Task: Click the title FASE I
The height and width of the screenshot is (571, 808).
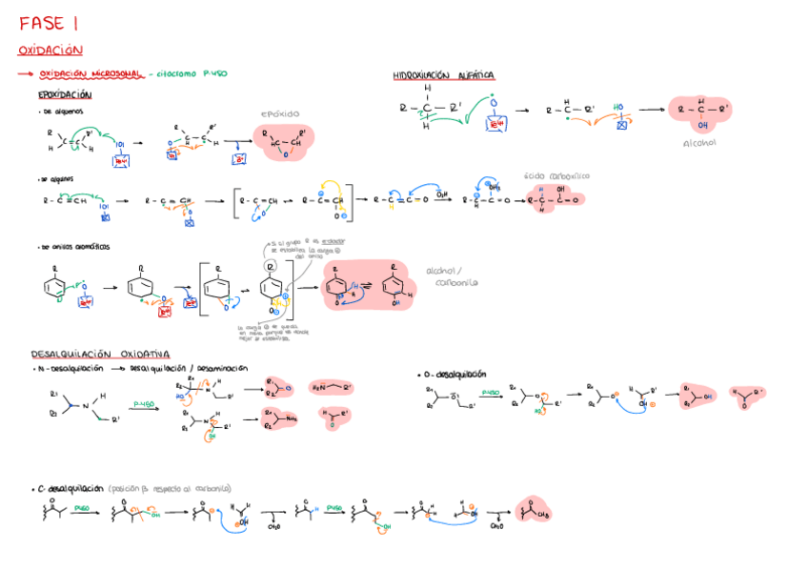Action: [x=50, y=23]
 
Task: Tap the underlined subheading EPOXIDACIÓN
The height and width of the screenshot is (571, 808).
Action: [x=65, y=94]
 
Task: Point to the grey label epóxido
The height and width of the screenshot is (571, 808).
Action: [x=281, y=113]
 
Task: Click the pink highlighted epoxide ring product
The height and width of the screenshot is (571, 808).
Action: [x=282, y=139]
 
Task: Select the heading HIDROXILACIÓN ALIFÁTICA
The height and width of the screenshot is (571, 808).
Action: [x=443, y=75]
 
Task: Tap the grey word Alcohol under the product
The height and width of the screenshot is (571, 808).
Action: [x=699, y=143]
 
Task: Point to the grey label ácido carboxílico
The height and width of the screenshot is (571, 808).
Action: [x=557, y=175]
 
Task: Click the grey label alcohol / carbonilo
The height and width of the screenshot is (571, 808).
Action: [x=451, y=275]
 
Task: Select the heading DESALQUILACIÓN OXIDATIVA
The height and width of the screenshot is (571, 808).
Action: [x=100, y=353]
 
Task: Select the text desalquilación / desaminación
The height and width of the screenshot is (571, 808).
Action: [x=188, y=368]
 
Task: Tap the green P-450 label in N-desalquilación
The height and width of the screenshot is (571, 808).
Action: [x=145, y=403]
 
